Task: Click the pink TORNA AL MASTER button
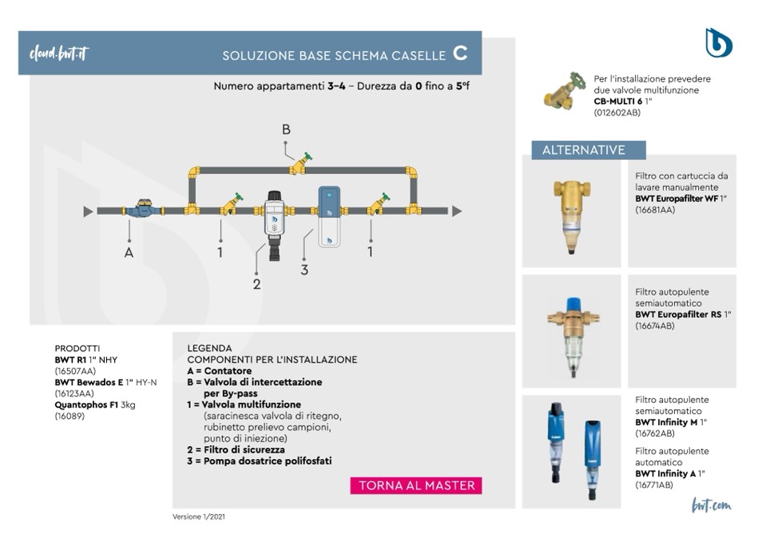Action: click(x=416, y=485)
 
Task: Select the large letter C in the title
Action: click(x=459, y=54)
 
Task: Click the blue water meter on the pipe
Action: click(x=143, y=209)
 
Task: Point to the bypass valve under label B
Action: click(x=301, y=165)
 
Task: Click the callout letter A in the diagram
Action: click(x=129, y=253)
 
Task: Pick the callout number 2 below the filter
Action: click(x=256, y=283)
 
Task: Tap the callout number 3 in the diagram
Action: click(x=304, y=269)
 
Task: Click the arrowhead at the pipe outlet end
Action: click(x=456, y=211)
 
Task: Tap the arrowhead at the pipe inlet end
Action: click(x=88, y=211)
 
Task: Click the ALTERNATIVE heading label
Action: click(x=584, y=150)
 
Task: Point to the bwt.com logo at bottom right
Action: click(x=711, y=505)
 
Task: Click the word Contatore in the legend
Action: click(x=228, y=371)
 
